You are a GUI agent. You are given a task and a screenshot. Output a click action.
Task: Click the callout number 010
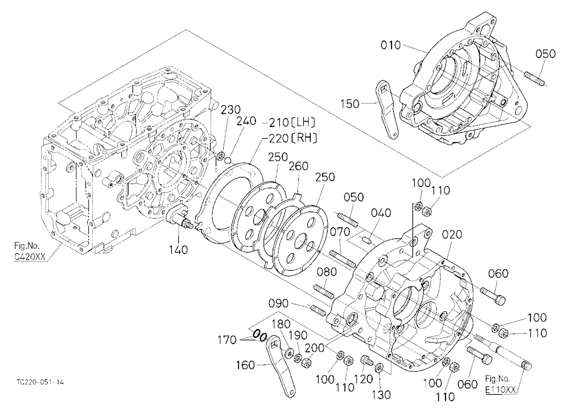pos(391,45)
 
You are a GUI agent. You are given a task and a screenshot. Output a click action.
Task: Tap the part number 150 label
pos(350,104)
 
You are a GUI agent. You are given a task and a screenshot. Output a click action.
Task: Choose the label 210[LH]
pos(292,122)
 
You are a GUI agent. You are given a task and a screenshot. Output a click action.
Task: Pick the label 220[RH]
pos(293,138)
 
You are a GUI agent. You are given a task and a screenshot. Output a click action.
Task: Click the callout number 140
pos(178,250)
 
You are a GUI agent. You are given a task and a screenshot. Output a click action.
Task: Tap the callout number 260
pos(298,166)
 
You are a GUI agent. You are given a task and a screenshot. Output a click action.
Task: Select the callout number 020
pos(452,234)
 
